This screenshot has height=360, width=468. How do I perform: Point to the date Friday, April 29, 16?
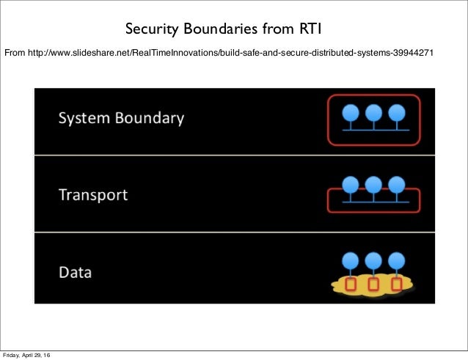pyautogui.click(x=32, y=356)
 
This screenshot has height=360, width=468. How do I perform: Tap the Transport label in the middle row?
pyautogui.click(x=93, y=196)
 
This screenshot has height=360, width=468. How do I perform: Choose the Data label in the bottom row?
pyautogui.click(x=75, y=273)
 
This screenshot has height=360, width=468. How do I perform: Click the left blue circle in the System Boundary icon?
pyautogui.click(x=351, y=112)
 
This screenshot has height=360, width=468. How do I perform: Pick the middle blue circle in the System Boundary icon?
pyautogui.click(x=373, y=112)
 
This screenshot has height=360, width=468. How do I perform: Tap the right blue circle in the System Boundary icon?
pyautogui.click(x=396, y=112)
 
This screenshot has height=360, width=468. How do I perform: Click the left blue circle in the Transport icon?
pyautogui.click(x=351, y=184)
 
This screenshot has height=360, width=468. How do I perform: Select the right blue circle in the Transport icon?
pyautogui.click(x=396, y=184)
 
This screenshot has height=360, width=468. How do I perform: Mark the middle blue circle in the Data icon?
pyautogui.click(x=373, y=260)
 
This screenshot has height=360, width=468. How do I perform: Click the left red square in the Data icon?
pyautogui.click(x=351, y=284)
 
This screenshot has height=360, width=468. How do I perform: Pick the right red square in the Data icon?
pyautogui.click(x=396, y=284)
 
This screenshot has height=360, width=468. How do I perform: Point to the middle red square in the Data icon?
pyautogui.click(x=373, y=284)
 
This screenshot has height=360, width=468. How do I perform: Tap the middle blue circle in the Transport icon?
pyautogui.click(x=373, y=184)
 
